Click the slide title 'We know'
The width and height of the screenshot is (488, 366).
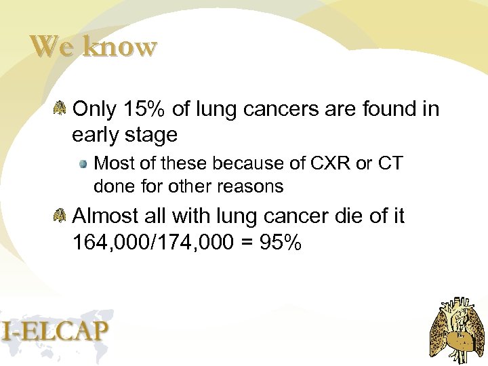pyautogui.click(x=94, y=47)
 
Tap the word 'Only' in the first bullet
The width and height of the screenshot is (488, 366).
pyautogui.click(x=94, y=108)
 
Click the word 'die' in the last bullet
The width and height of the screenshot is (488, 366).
pyautogui.click(x=337, y=216)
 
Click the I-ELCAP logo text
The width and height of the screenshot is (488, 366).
pyautogui.click(x=54, y=330)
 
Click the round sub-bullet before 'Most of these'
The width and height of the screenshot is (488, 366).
pyautogui.click(x=83, y=164)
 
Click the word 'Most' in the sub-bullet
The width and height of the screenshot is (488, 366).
pyautogui.click(x=113, y=163)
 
